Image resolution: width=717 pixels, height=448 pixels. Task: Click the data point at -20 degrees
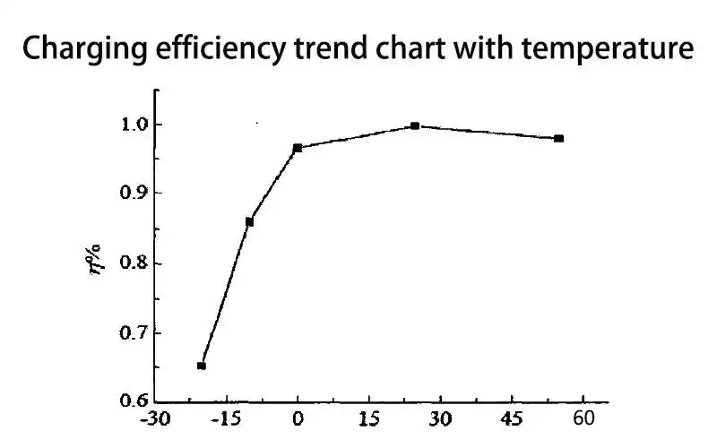click(x=202, y=366)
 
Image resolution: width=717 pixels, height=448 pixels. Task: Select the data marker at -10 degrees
click(x=249, y=221)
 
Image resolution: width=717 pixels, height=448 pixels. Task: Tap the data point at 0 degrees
click(x=298, y=148)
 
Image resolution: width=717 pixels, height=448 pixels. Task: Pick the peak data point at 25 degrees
click(x=415, y=126)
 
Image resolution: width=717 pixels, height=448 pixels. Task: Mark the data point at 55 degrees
click(x=559, y=138)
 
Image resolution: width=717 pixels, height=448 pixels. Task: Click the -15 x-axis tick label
click(x=226, y=419)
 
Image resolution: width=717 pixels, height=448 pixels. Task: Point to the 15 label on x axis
click(x=368, y=419)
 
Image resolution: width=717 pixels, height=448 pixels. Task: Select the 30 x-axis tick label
click(x=440, y=419)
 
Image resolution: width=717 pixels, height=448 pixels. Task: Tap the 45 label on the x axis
click(x=512, y=419)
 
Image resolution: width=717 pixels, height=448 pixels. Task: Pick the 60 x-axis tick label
click(x=583, y=419)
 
